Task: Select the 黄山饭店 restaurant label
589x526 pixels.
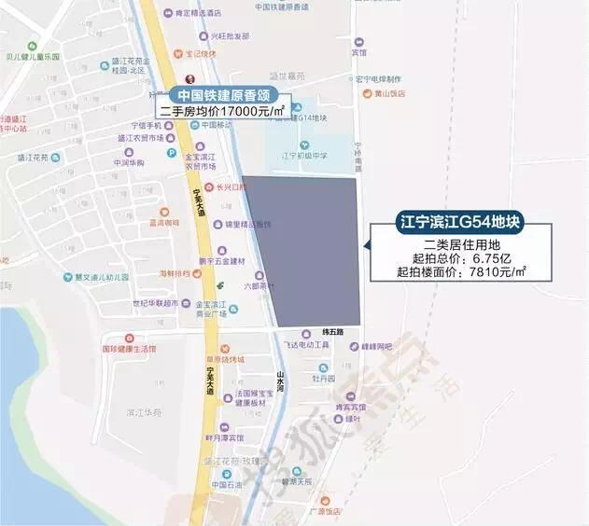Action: tap(391, 93)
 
